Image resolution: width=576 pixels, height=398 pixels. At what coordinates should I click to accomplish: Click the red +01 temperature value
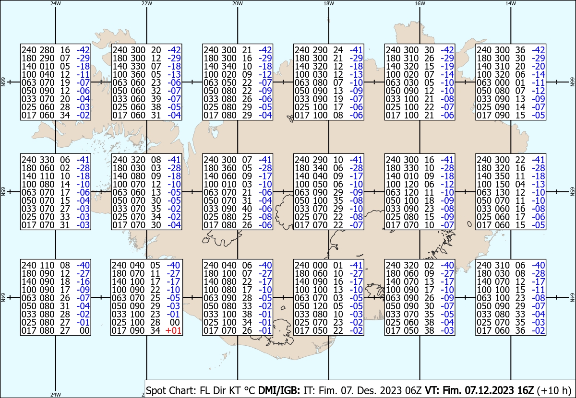coord(174,330)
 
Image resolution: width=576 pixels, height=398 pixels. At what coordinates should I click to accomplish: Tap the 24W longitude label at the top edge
coord(56,3)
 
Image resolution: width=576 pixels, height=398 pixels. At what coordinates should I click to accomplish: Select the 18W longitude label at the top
coord(329,3)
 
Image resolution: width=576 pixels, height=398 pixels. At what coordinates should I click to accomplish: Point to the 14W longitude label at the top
coord(511,3)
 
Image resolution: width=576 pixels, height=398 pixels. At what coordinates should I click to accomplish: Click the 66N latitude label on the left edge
coord(3,82)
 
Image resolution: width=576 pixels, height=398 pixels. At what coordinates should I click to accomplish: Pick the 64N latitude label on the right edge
coord(572,297)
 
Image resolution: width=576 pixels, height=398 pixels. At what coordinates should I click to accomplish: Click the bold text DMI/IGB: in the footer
coord(279,390)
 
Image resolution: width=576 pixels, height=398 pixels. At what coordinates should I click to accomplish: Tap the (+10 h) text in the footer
coord(554,390)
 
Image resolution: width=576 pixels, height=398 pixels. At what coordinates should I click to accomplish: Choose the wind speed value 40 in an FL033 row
coord(247,209)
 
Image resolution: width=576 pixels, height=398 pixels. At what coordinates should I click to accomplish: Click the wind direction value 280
coord(47,50)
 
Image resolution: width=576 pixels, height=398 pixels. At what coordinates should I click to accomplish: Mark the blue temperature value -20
coord(538,66)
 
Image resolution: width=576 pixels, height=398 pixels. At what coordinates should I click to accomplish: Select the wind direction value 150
coord(502,184)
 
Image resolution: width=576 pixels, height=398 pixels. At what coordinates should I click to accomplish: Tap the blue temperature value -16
coord(83,281)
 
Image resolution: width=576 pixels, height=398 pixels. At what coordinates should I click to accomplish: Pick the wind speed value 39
coord(156,99)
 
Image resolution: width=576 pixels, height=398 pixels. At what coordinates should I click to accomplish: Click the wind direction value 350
coord(502,176)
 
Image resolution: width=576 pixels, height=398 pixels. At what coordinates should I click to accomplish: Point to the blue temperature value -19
coord(447,66)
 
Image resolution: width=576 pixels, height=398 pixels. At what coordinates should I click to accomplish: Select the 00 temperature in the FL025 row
coord(176,322)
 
